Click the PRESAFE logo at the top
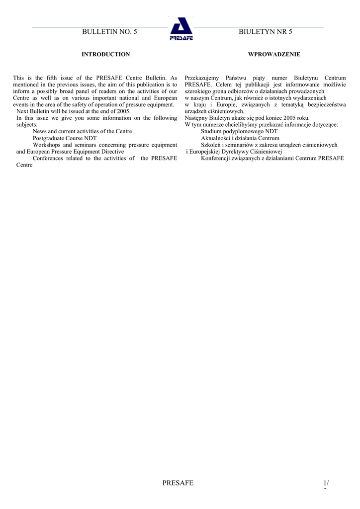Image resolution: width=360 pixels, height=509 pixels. click(181, 29)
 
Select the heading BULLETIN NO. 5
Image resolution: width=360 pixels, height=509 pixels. click(109, 32)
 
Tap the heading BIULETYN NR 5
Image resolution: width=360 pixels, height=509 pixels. click(266, 32)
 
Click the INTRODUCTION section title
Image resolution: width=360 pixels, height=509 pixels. click(105, 54)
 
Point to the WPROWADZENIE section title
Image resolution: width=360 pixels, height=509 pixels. click(274, 54)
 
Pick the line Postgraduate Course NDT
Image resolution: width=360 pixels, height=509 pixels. click(65, 138)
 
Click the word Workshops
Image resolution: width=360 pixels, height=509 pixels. click(46, 145)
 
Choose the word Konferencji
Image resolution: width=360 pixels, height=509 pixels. click(217, 158)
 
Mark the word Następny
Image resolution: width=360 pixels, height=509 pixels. click(196, 118)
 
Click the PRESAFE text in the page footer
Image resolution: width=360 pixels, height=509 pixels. click(178, 483)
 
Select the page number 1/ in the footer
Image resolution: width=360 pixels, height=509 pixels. click(326, 483)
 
